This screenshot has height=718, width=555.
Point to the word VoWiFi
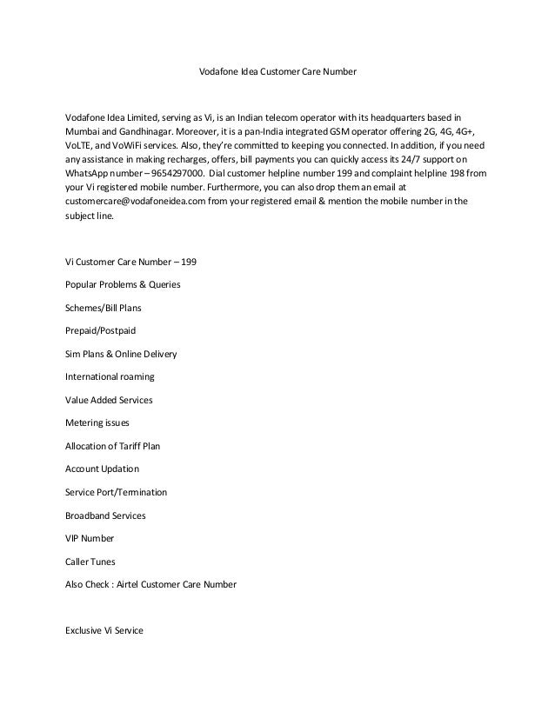127,144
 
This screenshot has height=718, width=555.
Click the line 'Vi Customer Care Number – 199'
137,262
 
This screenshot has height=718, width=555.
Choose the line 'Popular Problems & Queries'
124,284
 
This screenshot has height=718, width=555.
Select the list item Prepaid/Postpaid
101,330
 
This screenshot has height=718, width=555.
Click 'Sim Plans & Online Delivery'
123,354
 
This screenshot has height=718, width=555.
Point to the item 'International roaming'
110,376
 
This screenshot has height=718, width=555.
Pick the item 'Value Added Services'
109,400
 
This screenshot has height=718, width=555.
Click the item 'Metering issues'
97,422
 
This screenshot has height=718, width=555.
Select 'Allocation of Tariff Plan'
113,446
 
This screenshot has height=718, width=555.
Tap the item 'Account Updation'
102,469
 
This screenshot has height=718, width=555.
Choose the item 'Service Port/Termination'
117,492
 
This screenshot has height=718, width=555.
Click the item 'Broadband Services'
106,515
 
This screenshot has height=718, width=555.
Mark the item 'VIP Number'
90,538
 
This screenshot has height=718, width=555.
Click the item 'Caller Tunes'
90,562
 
